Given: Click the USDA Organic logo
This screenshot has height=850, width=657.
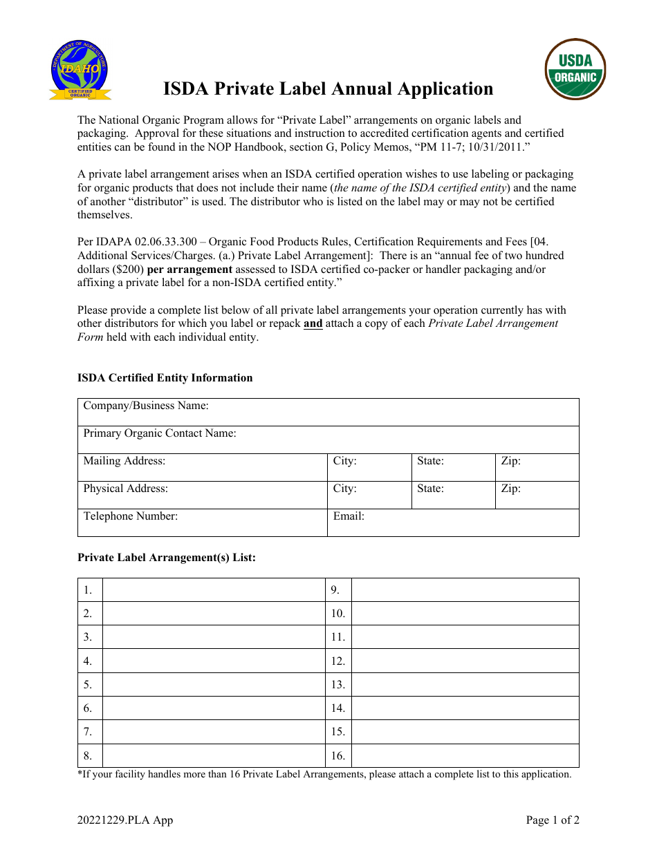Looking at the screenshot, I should click(x=575, y=69).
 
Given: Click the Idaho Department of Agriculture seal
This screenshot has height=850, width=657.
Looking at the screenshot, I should click(x=80, y=70).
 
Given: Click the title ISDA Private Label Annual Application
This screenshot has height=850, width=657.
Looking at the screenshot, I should click(x=328, y=89).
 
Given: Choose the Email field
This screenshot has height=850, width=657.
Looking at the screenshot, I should click(x=453, y=522).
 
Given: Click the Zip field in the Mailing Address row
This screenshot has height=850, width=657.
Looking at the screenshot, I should click(x=537, y=467).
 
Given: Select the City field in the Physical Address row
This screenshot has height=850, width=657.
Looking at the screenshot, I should click(x=369, y=495).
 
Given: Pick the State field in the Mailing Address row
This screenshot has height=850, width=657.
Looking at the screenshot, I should click(x=453, y=467).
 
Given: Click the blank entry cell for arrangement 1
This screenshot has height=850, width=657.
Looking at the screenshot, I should click(x=214, y=590).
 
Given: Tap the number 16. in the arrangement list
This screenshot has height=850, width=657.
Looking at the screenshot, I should click(x=338, y=756).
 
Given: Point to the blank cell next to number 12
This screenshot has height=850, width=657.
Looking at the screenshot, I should click(x=465, y=661).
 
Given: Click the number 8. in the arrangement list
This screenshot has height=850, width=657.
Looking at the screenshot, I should click(x=89, y=756).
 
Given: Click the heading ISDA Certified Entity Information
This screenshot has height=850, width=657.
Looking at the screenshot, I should click(x=165, y=378).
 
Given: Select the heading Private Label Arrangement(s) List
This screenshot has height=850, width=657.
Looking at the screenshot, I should click(x=166, y=558).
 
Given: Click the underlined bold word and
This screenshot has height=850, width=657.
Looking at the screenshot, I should click(x=313, y=324).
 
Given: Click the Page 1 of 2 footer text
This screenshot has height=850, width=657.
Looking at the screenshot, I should click(x=552, y=820).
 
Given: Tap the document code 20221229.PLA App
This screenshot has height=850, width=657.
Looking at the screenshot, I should click(x=125, y=820).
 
